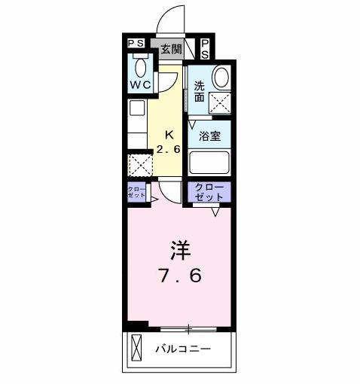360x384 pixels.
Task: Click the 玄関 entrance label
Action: (171, 50)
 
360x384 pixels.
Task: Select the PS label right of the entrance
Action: (205, 49)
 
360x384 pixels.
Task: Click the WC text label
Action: (139, 85)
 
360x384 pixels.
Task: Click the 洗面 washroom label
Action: (200, 91)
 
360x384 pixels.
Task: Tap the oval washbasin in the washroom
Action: (221, 78)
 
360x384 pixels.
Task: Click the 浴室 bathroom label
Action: (209, 136)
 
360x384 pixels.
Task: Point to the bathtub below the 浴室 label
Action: (209, 163)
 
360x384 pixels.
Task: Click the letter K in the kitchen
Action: (169, 136)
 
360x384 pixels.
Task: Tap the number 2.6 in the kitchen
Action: (169, 149)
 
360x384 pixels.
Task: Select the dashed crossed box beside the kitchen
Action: (139, 164)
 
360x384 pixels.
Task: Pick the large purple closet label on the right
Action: (209, 191)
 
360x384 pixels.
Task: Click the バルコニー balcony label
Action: (183, 349)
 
